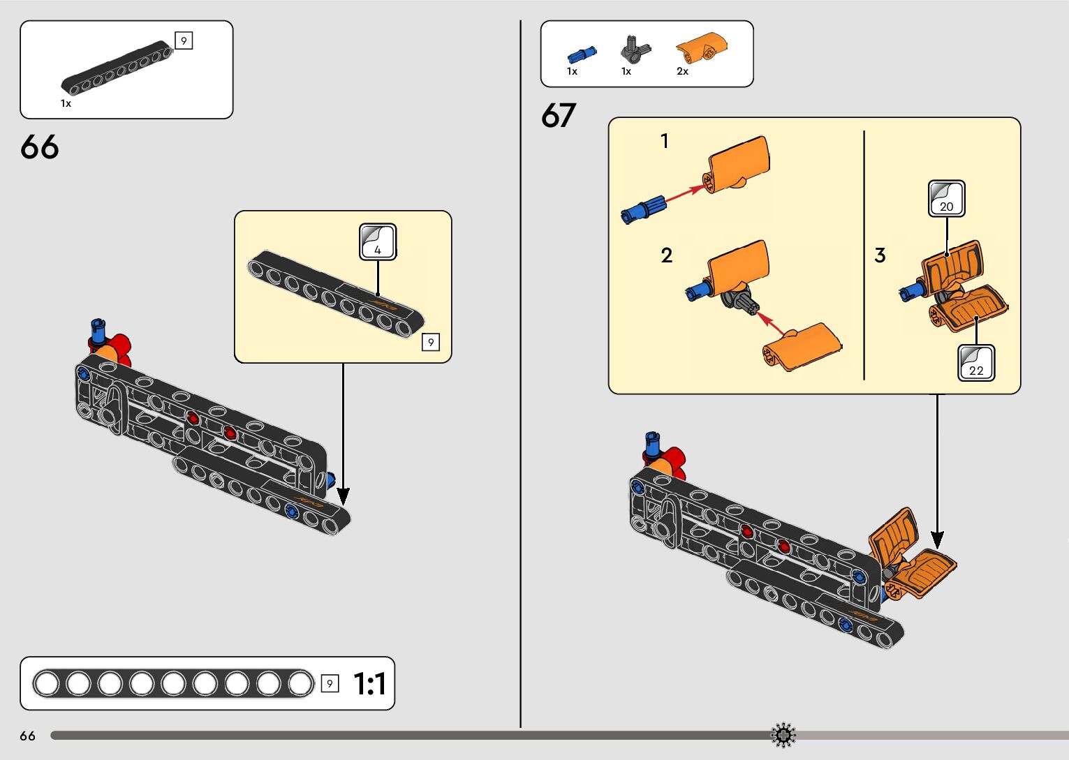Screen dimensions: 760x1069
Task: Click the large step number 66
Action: [40, 147]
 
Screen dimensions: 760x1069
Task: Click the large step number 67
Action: [559, 116]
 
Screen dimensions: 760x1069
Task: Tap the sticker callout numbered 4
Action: [378, 242]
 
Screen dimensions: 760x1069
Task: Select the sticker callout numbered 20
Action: [946, 199]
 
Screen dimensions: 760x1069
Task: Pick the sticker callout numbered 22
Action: [976, 363]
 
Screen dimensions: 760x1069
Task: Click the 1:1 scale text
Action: [369, 684]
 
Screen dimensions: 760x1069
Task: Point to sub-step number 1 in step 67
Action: [665, 142]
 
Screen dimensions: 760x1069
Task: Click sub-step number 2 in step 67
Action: [667, 255]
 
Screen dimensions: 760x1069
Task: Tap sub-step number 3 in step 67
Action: [880, 255]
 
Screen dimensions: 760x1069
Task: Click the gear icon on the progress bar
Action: [783, 735]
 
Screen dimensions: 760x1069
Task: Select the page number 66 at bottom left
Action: [28, 736]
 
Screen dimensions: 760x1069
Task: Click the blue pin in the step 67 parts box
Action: [582, 53]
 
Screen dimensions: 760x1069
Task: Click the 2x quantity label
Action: [682, 71]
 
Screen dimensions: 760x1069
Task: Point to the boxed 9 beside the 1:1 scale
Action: [330, 684]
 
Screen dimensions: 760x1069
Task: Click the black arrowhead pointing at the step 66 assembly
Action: [343, 496]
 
